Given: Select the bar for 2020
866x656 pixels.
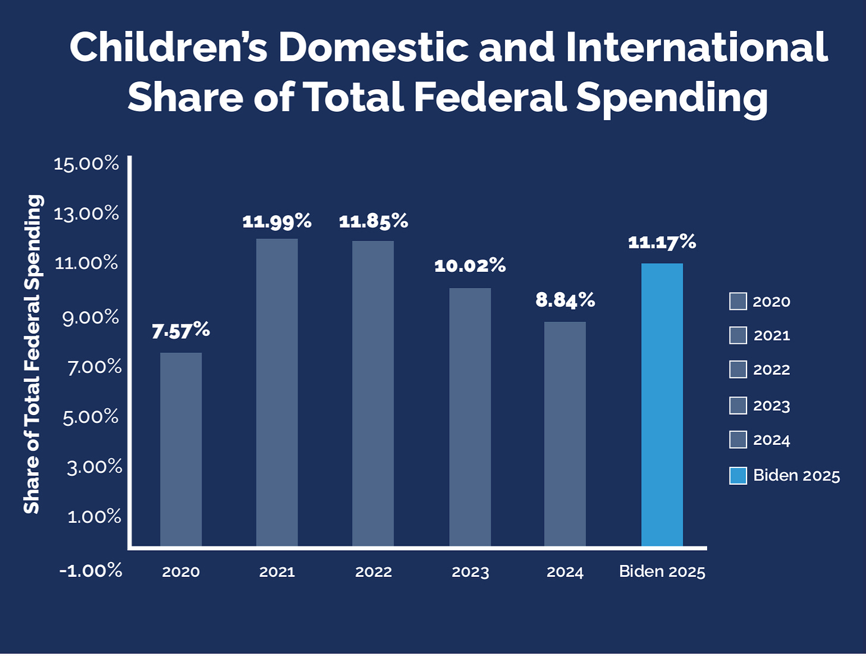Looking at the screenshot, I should click(181, 449).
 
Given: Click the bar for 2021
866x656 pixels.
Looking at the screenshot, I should click(277, 392).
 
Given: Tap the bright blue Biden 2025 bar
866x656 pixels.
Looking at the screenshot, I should click(662, 404).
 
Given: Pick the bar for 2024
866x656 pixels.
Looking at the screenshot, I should click(565, 434).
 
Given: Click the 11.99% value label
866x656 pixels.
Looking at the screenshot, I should click(277, 222).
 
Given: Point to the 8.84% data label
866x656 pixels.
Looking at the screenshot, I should click(565, 300).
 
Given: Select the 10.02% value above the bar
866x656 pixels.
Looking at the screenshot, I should click(470, 266).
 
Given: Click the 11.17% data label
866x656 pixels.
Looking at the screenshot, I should click(662, 242).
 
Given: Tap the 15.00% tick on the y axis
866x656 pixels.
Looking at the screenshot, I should click(86, 164).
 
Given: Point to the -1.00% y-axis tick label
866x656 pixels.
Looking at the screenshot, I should click(90, 570).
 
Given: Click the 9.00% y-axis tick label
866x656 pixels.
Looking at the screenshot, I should click(90, 318).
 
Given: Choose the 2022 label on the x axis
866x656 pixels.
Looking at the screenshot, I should click(374, 572).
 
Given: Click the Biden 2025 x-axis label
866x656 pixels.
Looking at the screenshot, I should click(662, 572).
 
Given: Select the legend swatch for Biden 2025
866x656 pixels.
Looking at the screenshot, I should click(738, 476).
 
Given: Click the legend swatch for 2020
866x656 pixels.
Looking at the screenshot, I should click(738, 302).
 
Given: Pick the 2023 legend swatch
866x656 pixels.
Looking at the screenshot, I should click(738, 406).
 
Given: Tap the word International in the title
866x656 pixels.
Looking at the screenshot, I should click(696, 47).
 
